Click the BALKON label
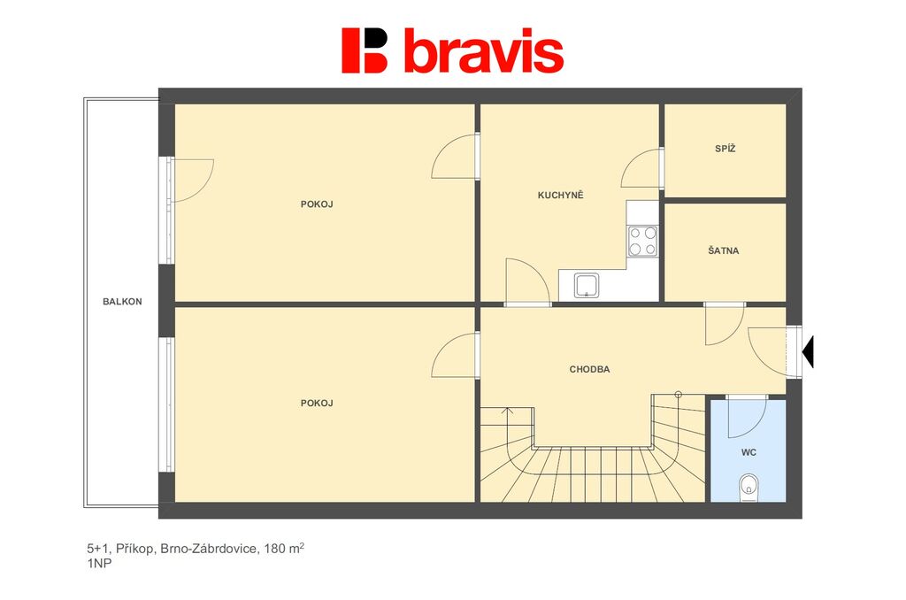122,301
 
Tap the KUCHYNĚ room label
560,195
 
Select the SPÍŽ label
726,149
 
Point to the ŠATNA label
724,250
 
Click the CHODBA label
589,369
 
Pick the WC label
749,452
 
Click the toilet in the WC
749,488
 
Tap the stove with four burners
642,241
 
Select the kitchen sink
586,286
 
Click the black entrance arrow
808,351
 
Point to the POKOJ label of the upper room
317,204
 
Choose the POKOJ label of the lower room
317,403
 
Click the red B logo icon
365,50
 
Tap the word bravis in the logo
484,50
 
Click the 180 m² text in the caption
284,548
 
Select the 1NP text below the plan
99,564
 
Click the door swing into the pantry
641,167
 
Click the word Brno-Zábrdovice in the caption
209,549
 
